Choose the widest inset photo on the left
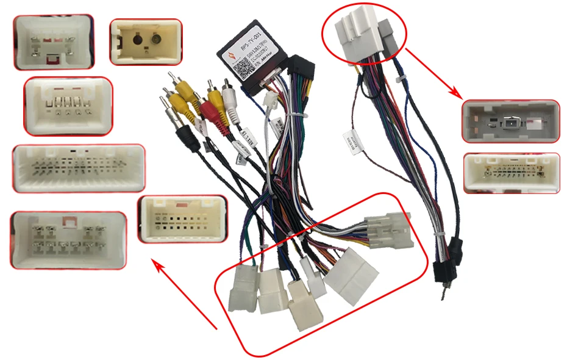[x=79, y=168]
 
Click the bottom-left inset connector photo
[x=68, y=240]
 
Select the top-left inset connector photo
[x=54, y=41]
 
